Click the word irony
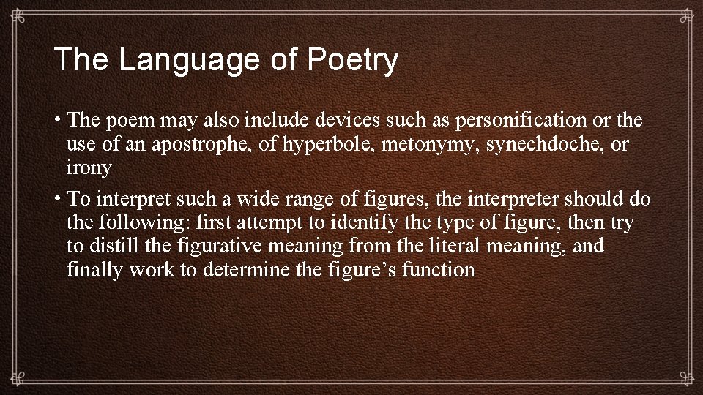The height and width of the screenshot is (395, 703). click(89, 168)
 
